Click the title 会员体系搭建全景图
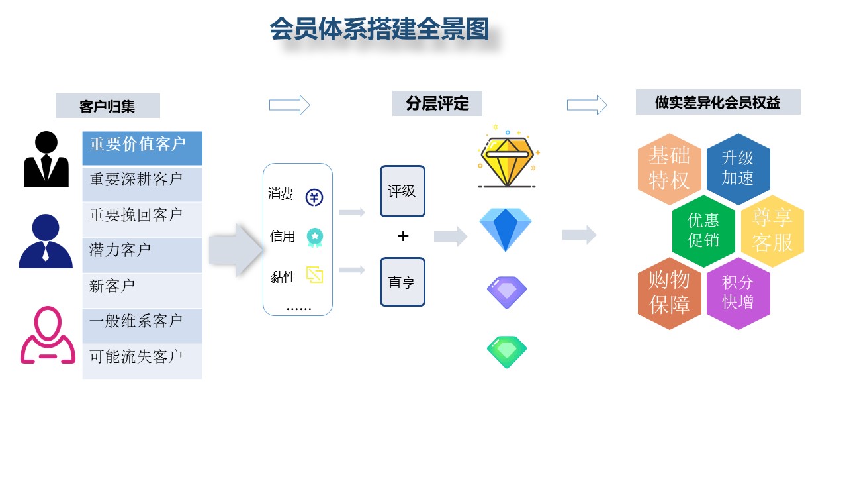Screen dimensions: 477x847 click(379, 30)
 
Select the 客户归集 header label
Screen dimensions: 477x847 click(107, 106)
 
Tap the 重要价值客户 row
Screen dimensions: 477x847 click(142, 146)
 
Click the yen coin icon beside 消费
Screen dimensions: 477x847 click(314, 197)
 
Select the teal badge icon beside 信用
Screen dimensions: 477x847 click(314, 237)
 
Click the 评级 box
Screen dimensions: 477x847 click(402, 191)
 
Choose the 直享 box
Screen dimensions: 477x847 click(402, 282)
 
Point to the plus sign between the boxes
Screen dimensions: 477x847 click(403, 236)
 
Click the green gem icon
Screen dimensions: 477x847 click(507, 352)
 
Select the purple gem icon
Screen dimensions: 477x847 click(507, 292)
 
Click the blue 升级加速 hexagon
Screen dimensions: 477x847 click(738, 168)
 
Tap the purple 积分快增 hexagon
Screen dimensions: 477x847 click(738, 293)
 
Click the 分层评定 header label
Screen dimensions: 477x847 click(437, 104)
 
